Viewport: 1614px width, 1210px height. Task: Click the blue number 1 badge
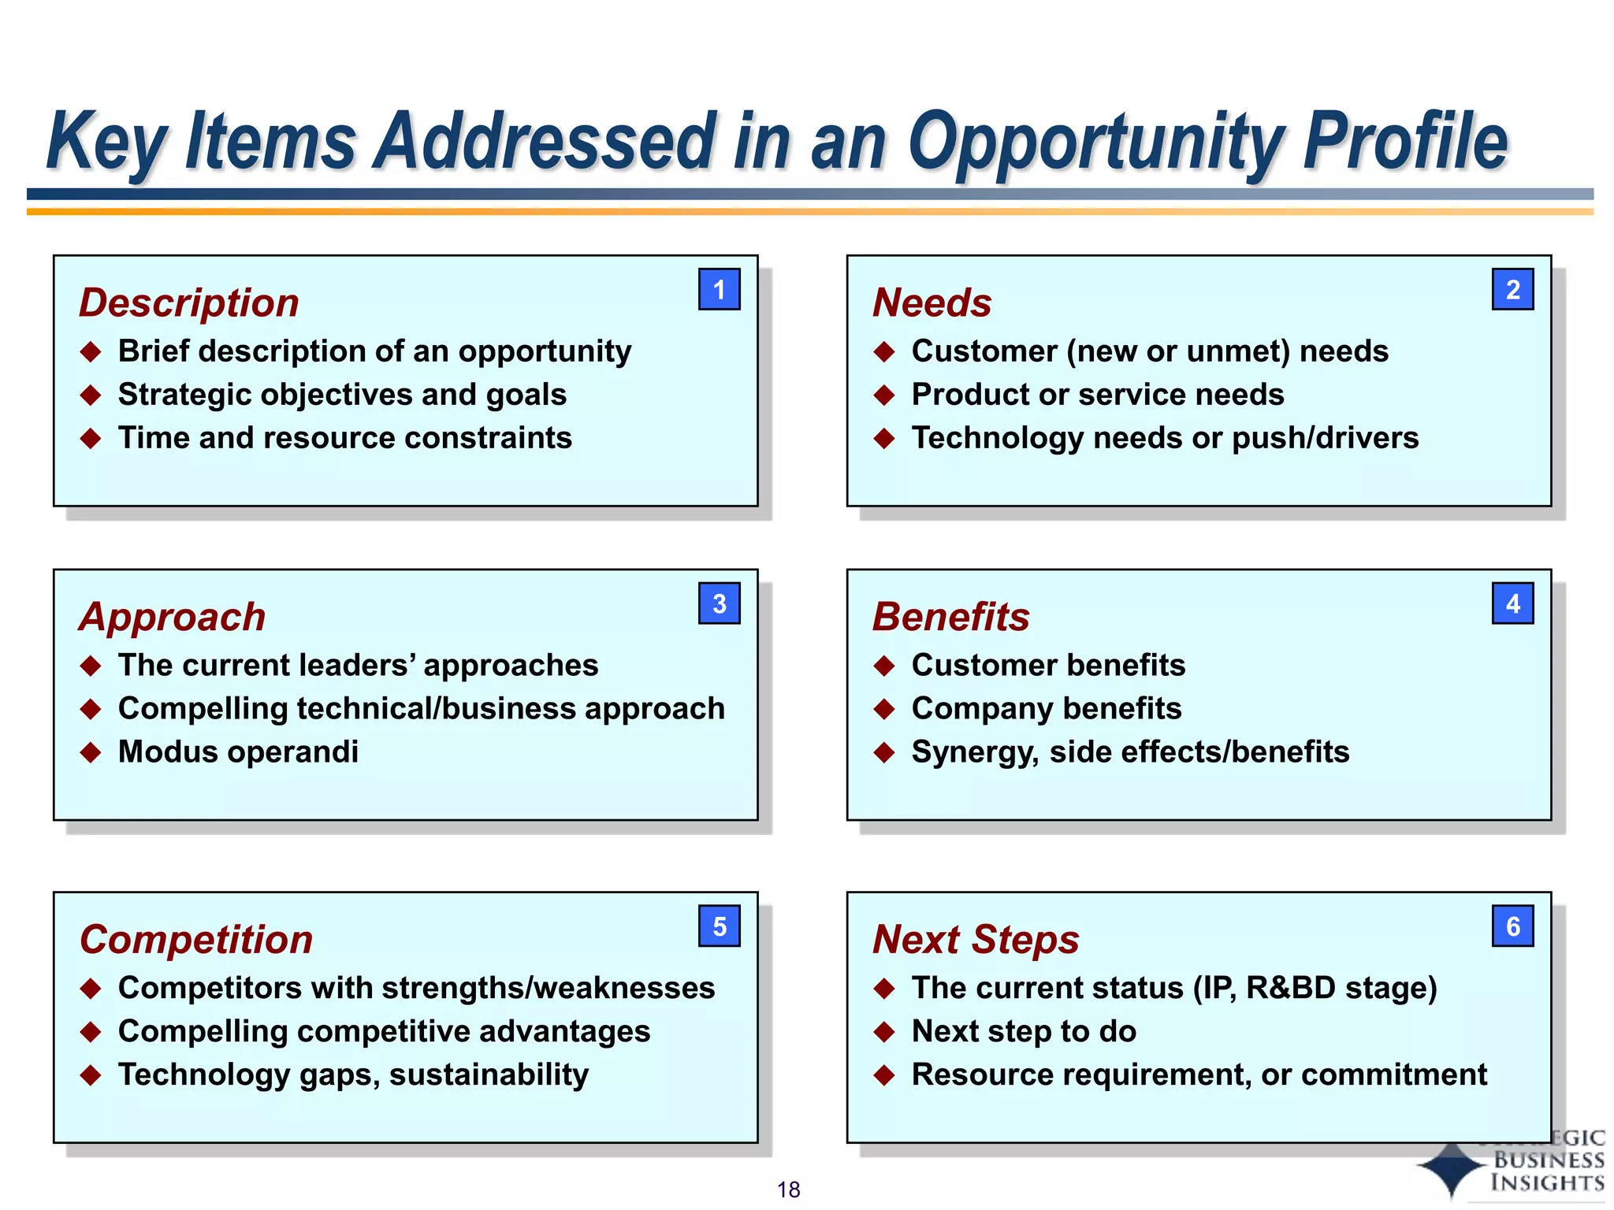point(719,289)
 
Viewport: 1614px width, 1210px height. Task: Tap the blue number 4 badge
point(1512,603)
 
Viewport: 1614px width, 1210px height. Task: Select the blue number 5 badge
point(719,926)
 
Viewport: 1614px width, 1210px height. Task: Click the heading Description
point(189,302)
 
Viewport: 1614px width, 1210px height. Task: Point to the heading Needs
point(932,302)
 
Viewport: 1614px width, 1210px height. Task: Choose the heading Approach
point(172,617)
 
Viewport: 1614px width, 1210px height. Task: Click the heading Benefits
point(950,617)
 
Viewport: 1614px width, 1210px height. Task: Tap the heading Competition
point(196,939)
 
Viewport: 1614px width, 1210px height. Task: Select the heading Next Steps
point(976,939)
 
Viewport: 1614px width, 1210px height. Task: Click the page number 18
point(788,1190)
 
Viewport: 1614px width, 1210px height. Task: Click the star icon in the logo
point(1452,1169)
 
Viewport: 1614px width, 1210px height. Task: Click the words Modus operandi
point(238,752)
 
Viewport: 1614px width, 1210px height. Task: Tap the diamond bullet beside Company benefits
point(884,709)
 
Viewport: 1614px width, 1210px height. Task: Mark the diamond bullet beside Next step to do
point(884,1031)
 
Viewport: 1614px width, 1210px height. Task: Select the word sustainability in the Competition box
point(489,1075)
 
